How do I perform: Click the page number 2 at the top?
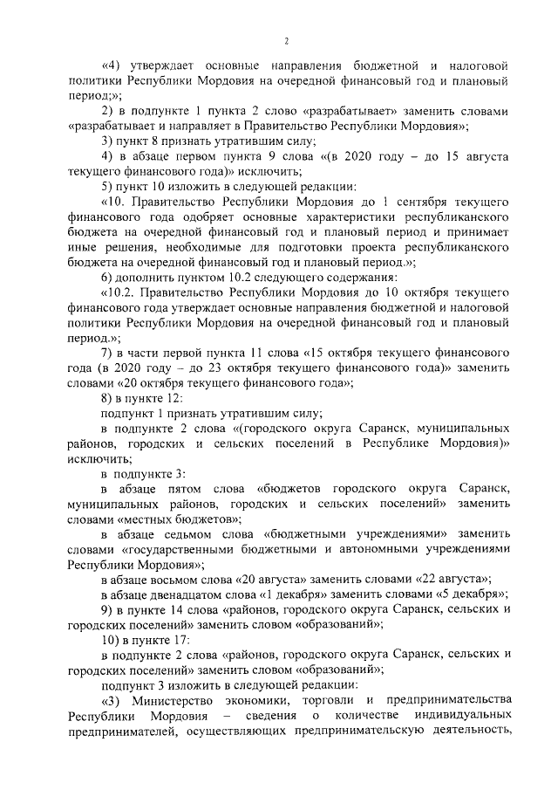pyautogui.click(x=285, y=42)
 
